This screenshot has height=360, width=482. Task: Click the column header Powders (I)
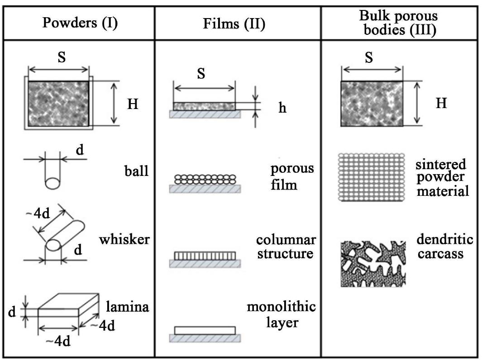point(80,23)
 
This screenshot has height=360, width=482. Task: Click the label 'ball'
point(137,171)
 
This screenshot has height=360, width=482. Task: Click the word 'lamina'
point(127,307)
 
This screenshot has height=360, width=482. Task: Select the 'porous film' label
point(292,176)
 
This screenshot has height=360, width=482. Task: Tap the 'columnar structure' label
point(286,246)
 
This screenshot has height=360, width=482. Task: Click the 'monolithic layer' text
point(281,314)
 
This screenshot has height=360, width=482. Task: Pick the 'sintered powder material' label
point(442,178)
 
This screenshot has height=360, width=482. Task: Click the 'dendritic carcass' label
point(445,246)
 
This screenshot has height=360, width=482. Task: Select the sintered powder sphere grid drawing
point(372,177)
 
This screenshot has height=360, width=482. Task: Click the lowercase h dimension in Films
point(282,109)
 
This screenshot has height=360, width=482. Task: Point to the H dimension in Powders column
point(133,104)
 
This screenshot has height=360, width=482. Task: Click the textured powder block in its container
point(58,104)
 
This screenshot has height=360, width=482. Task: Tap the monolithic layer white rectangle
point(205,330)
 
